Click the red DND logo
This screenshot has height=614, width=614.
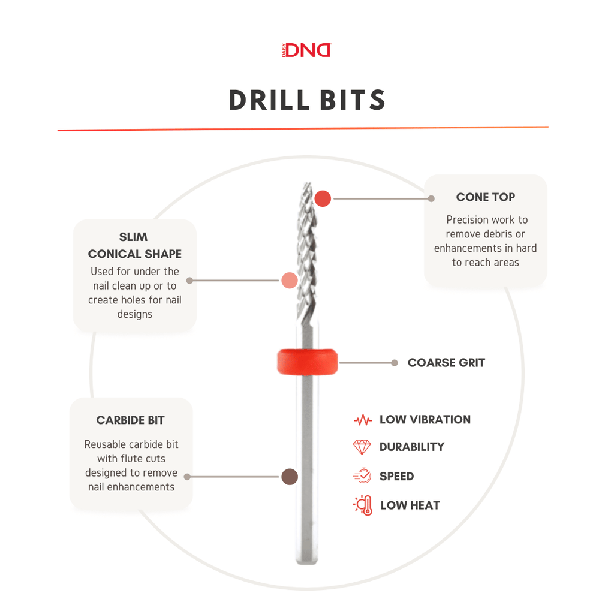pyautogui.click(x=306, y=50)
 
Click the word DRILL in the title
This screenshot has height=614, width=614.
pyautogui.click(x=270, y=100)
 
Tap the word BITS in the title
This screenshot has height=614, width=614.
pyautogui.click(x=353, y=100)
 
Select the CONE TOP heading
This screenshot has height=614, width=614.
pyautogui.click(x=486, y=197)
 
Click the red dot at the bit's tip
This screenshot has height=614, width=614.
pyautogui.click(x=323, y=198)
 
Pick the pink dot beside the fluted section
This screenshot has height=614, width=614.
pyautogui.click(x=290, y=281)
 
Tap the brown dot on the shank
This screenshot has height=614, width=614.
pyautogui.click(x=290, y=477)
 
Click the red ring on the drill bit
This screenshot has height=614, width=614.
pyautogui.click(x=308, y=362)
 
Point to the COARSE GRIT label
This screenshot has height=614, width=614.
pyautogui.click(x=446, y=363)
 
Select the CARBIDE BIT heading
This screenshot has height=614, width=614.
pyautogui.click(x=130, y=420)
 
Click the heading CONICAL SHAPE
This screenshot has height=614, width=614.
pyautogui.click(x=135, y=254)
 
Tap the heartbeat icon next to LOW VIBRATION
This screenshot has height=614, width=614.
pyautogui.click(x=363, y=420)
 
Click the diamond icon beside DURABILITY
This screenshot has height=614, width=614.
pyautogui.click(x=362, y=447)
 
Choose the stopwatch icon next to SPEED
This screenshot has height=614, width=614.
pyautogui.click(x=363, y=475)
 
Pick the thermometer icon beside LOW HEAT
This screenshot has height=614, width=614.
pyautogui.click(x=363, y=505)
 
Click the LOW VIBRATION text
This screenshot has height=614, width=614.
pyautogui.click(x=425, y=419)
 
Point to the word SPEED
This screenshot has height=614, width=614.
pyautogui.click(x=397, y=476)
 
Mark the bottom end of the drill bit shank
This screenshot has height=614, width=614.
pyautogui.click(x=307, y=563)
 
